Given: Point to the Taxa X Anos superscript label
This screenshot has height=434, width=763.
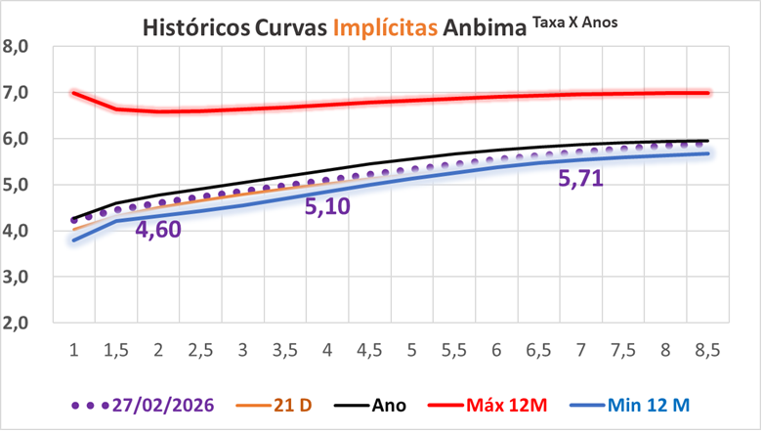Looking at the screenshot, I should coord(577,19).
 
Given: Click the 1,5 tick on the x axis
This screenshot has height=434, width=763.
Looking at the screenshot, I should coord(115,349).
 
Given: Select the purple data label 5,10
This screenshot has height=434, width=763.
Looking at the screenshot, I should coord(327,206).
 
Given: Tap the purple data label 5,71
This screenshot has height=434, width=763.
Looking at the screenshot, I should coord(583,178).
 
